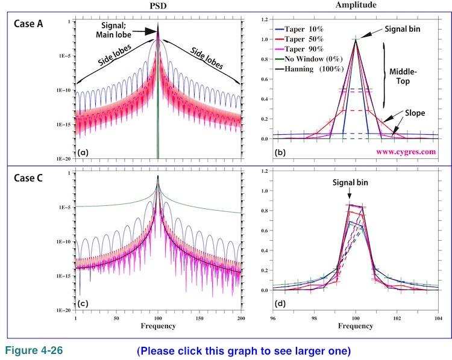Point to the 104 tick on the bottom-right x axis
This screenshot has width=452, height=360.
pyautogui.click(x=438, y=317)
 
